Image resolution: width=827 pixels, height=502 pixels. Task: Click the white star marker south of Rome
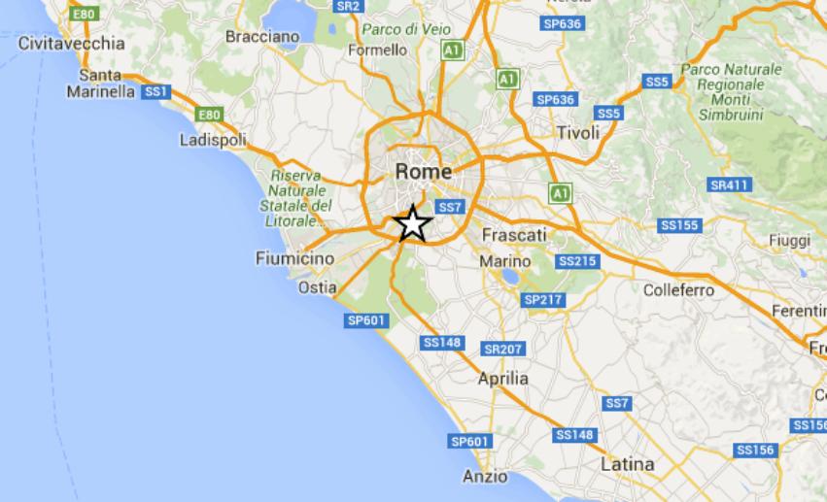click(x=413, y=224)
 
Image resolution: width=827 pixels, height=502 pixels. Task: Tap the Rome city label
click(x=424, y=171)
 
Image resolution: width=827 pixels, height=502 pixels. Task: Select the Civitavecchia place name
click(x=72, y=43)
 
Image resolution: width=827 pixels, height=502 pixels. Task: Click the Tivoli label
click(x=579, y=132)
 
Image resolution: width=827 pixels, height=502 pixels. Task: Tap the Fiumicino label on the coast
click(x=294, y=258)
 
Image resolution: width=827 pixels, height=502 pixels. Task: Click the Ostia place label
click(x=318, y=287)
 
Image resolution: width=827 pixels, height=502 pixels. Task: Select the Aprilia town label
click(x=503, y=379)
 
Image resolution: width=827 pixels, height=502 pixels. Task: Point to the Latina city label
click(x=627, y=464)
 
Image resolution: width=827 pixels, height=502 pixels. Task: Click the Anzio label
click(x=485, y=476)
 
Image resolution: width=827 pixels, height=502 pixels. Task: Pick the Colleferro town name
click(x=678, y=289)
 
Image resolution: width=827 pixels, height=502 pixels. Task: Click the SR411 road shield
click(x=730, y=184)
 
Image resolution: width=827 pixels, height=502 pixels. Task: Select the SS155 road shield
click(x=679, y=225)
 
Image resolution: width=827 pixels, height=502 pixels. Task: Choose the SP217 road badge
click(x=543, y=300)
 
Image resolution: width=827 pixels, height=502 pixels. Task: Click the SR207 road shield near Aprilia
click(x=502, y=349)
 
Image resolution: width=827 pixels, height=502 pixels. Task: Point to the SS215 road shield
click(x=577, y=261)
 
